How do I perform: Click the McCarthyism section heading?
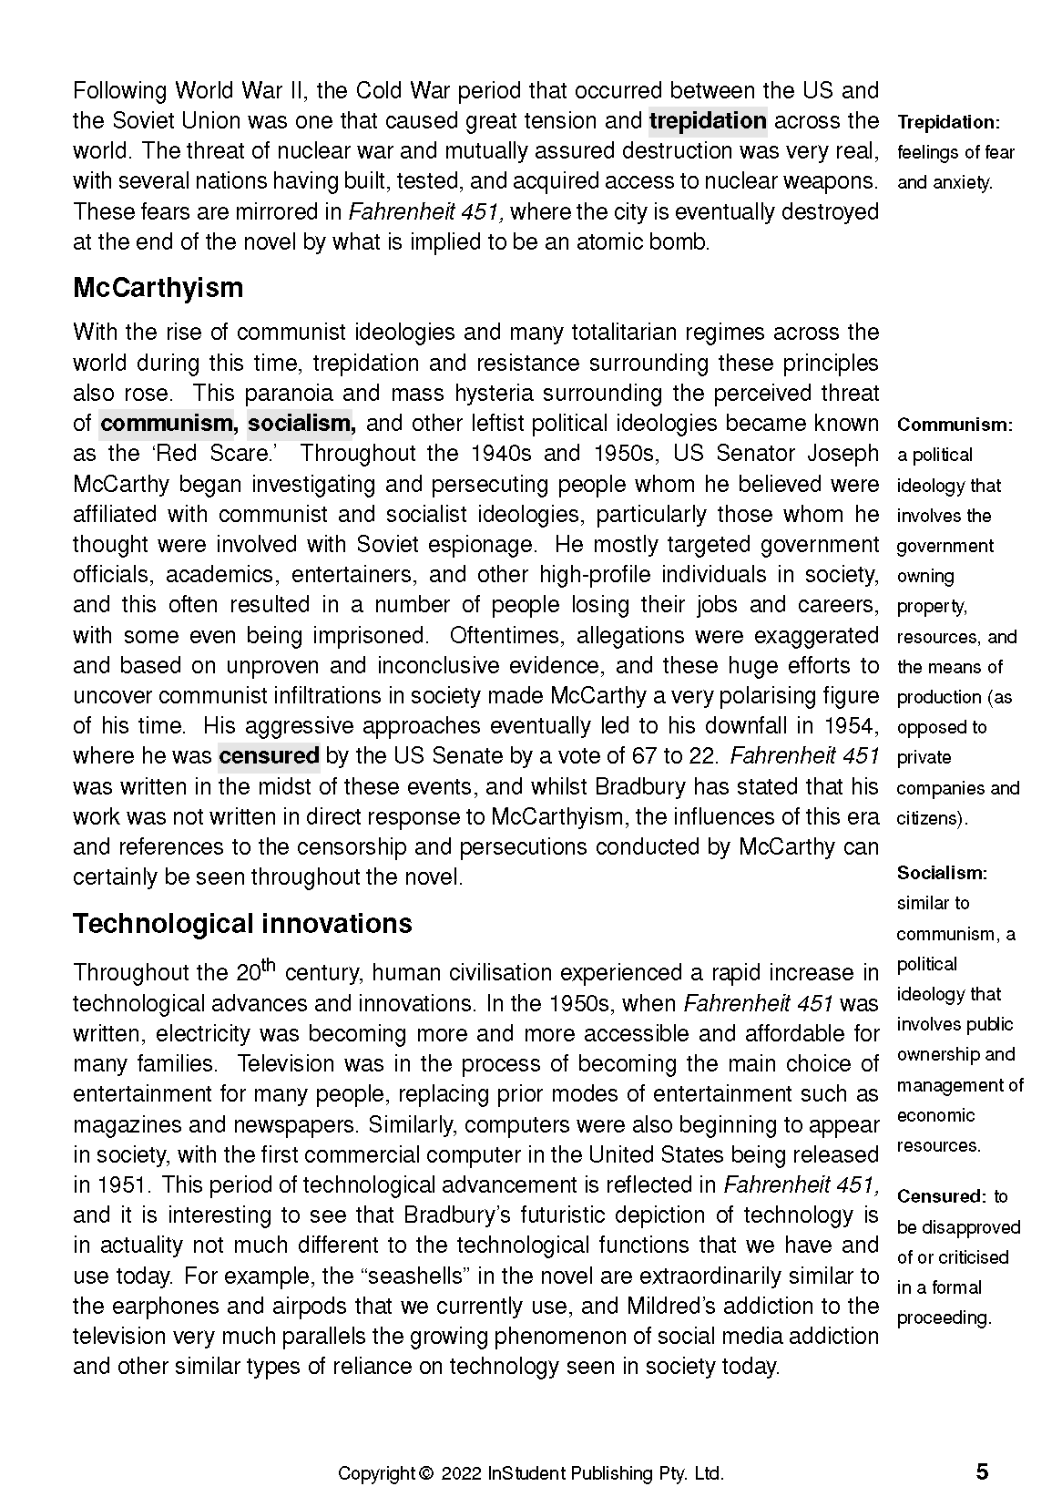(158, 288)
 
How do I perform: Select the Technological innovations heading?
(242, 924)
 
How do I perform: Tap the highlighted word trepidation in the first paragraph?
(708, 121)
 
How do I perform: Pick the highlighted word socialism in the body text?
(301, 424)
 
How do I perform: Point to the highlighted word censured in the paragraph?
(269, 756)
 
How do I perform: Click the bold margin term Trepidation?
(948, 122)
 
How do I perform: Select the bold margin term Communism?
(955, 425)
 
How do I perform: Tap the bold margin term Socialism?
(942, 873)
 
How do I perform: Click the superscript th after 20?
(270, 965)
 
